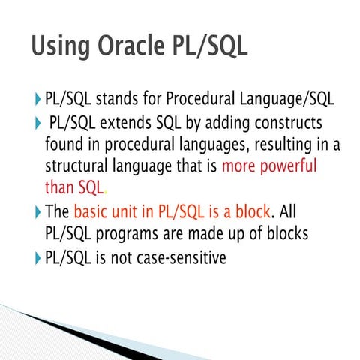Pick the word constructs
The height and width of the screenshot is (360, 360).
[286, 121]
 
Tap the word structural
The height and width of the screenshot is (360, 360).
[79, 165]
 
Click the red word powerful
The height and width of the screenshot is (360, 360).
[286, 165]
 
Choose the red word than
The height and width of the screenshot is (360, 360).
[59, 187]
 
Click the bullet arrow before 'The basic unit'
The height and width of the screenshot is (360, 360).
[39, 211]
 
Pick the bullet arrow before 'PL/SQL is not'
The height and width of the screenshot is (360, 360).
[39, 257]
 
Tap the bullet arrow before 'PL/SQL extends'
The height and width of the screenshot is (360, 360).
[39, 122]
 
